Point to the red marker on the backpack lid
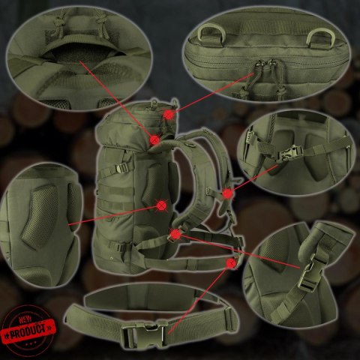170,114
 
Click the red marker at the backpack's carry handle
154,139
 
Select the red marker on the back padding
162,204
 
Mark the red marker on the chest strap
227,193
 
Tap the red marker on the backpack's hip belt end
231,262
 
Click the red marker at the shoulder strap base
175,235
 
